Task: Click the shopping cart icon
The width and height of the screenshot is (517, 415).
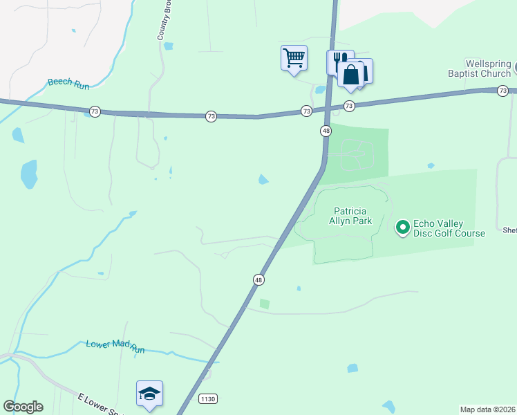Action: [x=294, y=57]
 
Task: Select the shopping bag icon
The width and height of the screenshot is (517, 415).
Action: [x=351, y=75]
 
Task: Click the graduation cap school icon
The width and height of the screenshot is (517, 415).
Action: [x=149, y=394]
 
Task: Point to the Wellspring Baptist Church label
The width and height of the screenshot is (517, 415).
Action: [x=479, y=67]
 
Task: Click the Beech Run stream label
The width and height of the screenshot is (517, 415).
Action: [x=69, y=82]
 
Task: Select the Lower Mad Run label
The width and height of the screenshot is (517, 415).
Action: [x=115, y=346]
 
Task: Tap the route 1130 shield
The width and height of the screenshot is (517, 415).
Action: [x=207, y=399]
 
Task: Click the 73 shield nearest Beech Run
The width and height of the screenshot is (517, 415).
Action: [x=95, y=111]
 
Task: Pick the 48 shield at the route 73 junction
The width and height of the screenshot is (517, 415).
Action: [x=326, y=131]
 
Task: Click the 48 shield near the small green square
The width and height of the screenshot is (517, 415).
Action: [x=258, y=279]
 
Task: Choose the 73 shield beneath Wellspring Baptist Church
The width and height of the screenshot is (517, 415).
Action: [x=503, y=91]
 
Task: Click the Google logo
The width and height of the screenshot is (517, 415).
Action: [x=23, y=407]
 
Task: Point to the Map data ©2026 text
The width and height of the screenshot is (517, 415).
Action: [x=488, y=409]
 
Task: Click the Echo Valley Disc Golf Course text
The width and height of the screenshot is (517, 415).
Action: [x=449, y=228]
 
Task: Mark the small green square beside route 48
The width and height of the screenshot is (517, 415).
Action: [x=264, y=304]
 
